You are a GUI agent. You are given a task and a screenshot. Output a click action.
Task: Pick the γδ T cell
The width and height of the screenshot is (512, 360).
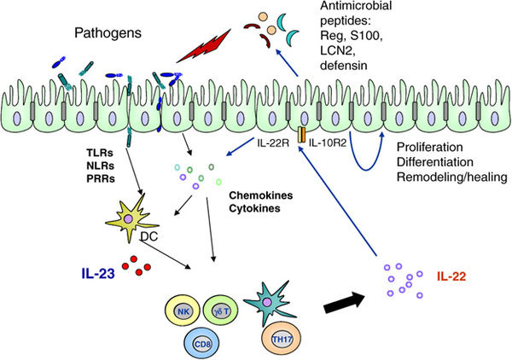pos(221,312)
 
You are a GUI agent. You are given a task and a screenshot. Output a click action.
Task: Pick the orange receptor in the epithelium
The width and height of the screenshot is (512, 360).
pos(301,136)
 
